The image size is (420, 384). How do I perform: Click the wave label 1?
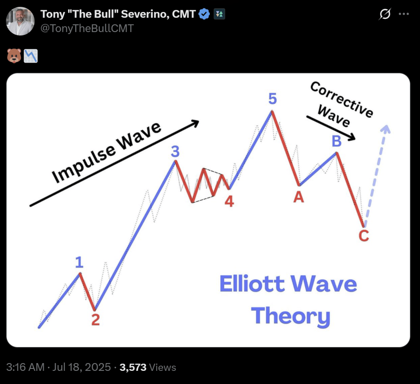click(x=80, y=262)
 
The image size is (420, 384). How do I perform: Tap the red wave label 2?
click(x=96, y=320)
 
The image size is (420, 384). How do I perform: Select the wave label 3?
click(x=175, y=152)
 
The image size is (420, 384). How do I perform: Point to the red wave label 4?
click(x=229, y=201)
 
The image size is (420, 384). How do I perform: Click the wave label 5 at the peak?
click(x=272, y=99)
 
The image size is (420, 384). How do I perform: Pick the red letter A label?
click(x=299, y=198)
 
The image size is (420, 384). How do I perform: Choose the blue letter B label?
click(x=336, y=142)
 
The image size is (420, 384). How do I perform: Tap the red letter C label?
click(x=364, y=236)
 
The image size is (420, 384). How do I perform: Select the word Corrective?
click(x=341, y=99)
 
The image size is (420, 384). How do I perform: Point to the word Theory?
click(x=290, y=315)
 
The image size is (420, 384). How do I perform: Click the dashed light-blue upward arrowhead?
click(x=385, y=129)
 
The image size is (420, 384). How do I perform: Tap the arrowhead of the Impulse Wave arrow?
click(x=195, y=122)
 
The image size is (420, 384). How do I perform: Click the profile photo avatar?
click(x=21, y=21)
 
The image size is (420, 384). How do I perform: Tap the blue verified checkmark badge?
click(x=204, y=14)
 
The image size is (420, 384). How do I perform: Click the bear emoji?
click(x=14, y=55)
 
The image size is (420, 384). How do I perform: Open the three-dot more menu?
click(x=404, y=14)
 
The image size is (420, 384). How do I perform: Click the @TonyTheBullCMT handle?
click(x=87, y=28)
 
